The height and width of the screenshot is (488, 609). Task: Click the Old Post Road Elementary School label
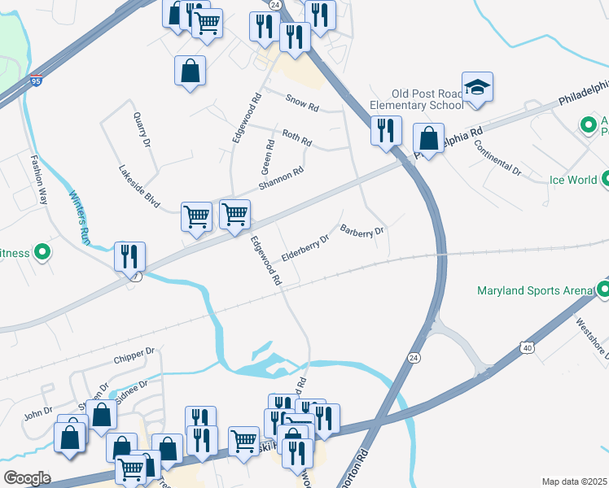point(415,98)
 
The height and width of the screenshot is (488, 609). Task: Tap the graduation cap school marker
point(478,89)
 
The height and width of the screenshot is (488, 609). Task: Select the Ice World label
point(572,180)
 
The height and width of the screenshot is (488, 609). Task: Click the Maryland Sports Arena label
point(536,290)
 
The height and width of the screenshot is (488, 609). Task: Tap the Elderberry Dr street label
point(304,248)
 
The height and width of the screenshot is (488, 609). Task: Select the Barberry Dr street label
point(361,231)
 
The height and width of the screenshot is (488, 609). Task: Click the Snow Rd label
point(301,102)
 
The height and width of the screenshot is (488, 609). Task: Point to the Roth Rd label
point(296,137)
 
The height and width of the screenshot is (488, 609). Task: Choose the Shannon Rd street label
point(281,178)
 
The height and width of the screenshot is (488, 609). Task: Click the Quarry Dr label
point(142,129)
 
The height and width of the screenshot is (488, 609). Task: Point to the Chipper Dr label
point(134,356)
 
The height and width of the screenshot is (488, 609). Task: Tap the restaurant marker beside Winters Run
point(129,256)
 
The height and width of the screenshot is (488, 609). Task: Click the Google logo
point(26,478)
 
